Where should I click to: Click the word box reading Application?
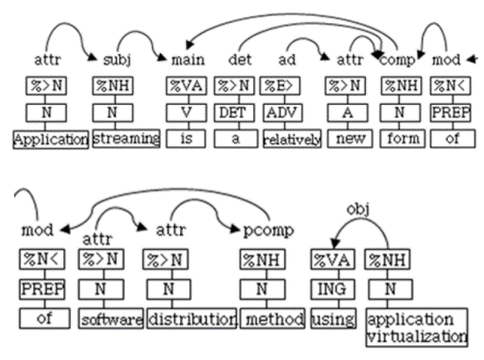pyautogui.click(x=49, y=141)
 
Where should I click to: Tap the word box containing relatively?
pyautogui.click(x=290, y=141)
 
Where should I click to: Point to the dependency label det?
pyautogui.click(x=238, y=59)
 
